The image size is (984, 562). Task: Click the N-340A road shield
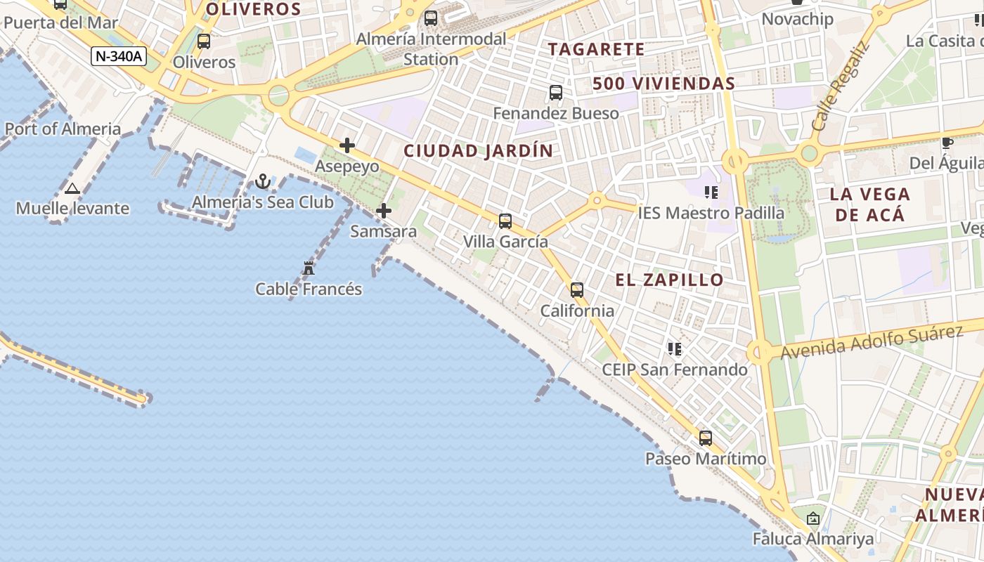point(118,55)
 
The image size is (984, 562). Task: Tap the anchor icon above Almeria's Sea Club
point(263,182)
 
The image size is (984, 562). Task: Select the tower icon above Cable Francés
point(309,268)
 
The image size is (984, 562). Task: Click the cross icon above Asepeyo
point(347,145)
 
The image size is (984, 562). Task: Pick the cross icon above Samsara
point(384,210)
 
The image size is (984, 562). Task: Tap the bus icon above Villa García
point(505,221)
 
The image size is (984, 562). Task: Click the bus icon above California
point(577,289)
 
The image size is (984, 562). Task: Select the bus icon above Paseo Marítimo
point(706,438)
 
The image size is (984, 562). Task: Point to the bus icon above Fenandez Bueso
point(556,92)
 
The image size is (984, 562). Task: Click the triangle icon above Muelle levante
point(72,188)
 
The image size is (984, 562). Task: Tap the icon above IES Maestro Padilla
point(711,192)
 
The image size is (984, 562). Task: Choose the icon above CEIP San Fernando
point(675,349)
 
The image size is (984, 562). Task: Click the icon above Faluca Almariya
point(813,519)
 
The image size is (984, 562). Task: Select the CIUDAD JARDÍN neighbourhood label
point(478,150)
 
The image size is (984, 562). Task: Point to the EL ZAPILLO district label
point(669,280)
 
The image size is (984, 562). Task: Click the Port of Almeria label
point(63,129)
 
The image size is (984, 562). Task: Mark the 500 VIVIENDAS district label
point(663,83)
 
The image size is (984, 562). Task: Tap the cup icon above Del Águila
point(947,143)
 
